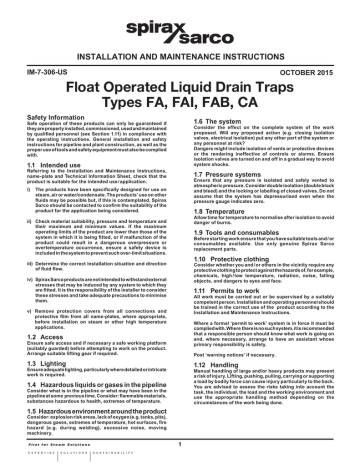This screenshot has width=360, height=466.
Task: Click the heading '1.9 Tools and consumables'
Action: pyautogui.click(x=232, y=234)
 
